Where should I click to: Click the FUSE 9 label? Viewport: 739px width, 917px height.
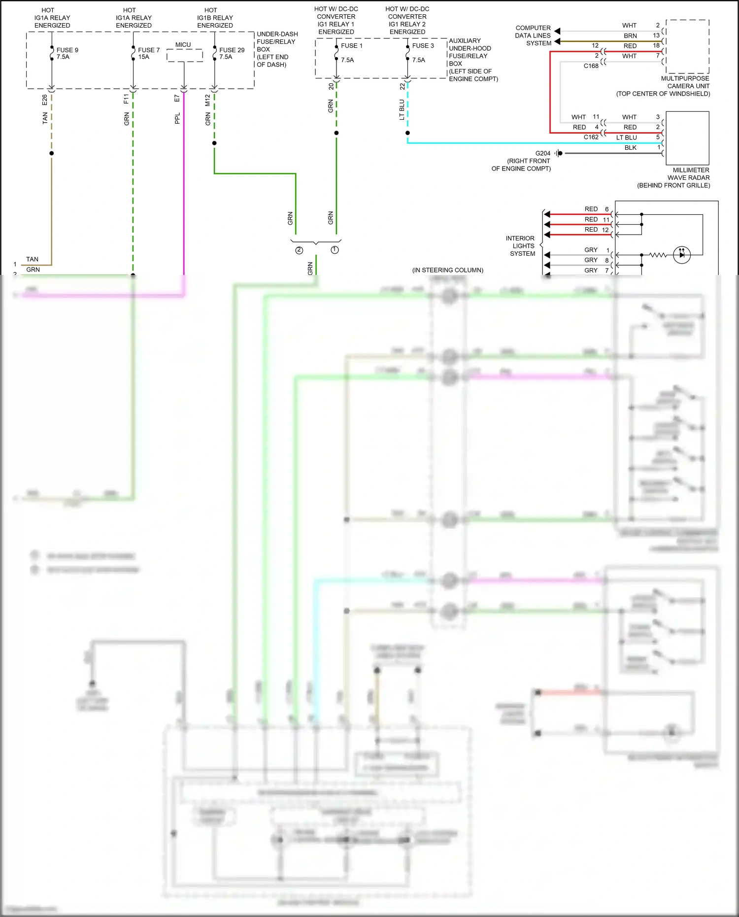tap(67, 50)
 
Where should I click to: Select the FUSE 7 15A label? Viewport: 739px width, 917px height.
tap(148, 53)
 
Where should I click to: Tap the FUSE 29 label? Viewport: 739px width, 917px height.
tap(232, 50)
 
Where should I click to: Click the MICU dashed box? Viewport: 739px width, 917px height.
tap(185, 56)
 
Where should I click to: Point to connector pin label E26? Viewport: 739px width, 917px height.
tap(45, 100)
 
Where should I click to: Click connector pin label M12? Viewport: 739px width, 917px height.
tap(207, 101)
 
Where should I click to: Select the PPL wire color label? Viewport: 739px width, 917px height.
tap(177, 118)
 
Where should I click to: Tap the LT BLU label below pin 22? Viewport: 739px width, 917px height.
tap(402, 109)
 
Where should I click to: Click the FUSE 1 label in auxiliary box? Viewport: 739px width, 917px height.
tap(351, 46)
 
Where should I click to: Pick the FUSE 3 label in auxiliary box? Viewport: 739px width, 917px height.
tap(423, 46)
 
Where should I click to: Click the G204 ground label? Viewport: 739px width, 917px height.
tap(542, 153)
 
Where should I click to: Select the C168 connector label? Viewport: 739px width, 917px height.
tap(591, 66)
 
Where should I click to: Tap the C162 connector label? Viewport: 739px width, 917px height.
tap(591, 137)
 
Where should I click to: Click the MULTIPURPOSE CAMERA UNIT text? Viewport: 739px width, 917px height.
tap(685, 82)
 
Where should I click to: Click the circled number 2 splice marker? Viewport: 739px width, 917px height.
tap(299, 250)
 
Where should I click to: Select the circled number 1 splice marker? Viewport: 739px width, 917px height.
tap(335, 250)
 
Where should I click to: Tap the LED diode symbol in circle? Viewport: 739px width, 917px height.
tap(682, 255)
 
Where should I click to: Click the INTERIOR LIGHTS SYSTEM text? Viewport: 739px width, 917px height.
tap(521, 246)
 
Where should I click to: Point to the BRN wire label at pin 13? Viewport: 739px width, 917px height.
tap(630, 36)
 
